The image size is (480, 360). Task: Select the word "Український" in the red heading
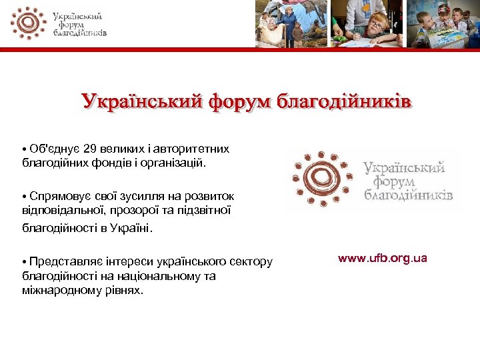tap(141, 102)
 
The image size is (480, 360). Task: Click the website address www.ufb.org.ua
tap(382, 258)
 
